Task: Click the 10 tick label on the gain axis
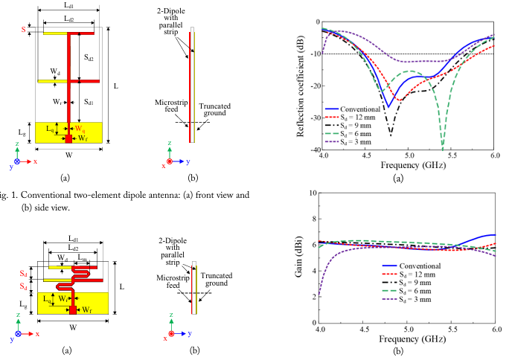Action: tap(313, 193)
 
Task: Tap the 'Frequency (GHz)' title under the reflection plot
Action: tap(409, 165)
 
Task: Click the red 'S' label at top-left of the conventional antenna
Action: tap(25, 30)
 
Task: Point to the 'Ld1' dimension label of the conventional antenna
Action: tap(68, 7)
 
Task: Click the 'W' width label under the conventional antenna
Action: tap(67, 155)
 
